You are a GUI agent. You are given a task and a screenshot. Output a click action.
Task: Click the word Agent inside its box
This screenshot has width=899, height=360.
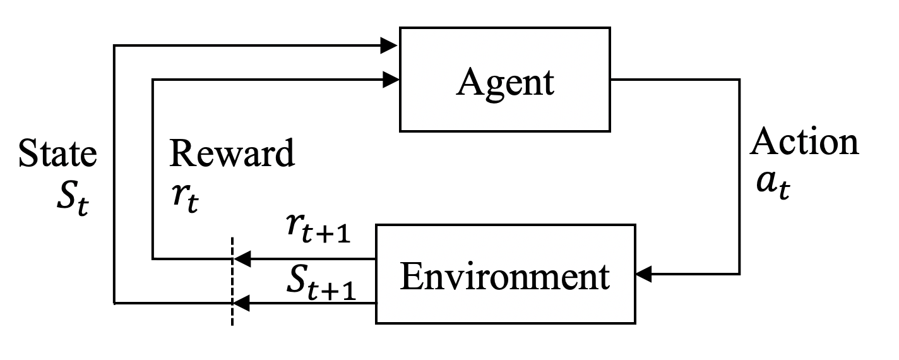point(505,82)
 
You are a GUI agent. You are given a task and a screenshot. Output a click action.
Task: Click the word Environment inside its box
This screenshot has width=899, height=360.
point(505,277)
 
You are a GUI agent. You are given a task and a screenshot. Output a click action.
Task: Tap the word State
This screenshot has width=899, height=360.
point(57,154)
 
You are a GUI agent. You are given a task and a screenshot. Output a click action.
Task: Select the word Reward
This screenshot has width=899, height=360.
point(232,154)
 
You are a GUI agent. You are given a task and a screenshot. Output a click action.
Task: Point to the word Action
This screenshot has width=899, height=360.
point(804,143)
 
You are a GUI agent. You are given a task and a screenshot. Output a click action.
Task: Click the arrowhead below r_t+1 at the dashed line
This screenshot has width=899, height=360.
point(242,258)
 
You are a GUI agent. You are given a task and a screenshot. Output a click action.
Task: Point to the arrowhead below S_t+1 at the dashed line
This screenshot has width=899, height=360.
point(242,304)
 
